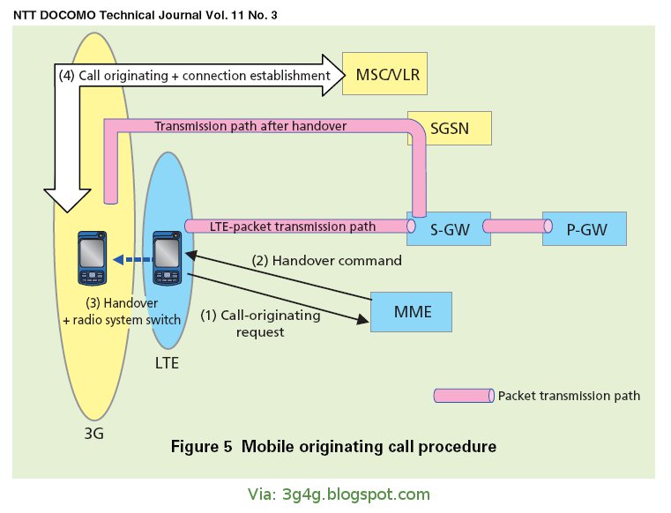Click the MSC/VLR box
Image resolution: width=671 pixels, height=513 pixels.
click(x=386, y=75)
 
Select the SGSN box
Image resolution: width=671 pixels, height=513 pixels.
click(x=450, y=128)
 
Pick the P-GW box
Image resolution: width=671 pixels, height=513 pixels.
click(x=584, y=227)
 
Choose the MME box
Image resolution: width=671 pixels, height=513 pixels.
click(x=411, y=312)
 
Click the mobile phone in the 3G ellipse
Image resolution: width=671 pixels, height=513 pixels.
click(x=90, y=258)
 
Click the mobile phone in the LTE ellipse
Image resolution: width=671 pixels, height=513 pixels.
click(x=168, y=258)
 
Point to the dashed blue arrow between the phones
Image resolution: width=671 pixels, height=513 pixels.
click(x=129, y=260)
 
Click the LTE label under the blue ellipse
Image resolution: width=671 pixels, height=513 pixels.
click(x=164, y=363)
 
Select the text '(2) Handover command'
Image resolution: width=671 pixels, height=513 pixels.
click(x=328, y=261)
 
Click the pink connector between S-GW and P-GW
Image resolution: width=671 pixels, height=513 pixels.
click(x=511, y=227)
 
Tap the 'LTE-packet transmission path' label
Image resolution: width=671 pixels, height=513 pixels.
click(x=293, y=227)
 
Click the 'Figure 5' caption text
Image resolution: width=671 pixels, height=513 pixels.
click(x=333, y=446)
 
